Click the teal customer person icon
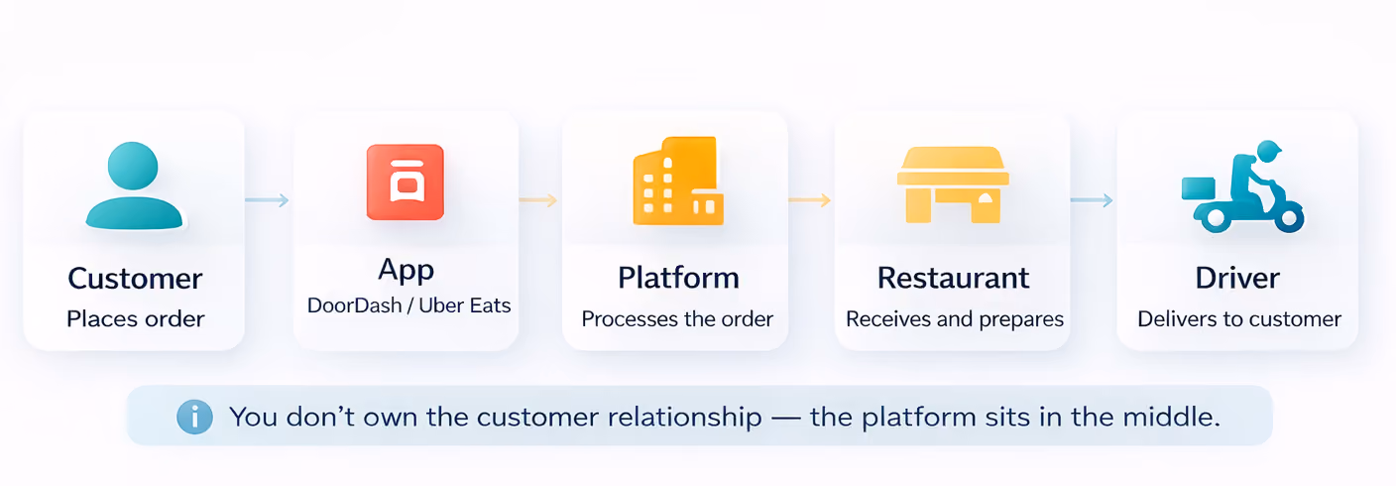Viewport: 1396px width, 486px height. pos(134,185)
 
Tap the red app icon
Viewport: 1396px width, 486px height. pos(406,182)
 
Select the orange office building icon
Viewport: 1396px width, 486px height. pos(678,181)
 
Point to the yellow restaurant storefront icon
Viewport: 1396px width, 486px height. pos(953,185)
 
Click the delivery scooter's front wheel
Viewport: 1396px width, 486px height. pos(1288,218)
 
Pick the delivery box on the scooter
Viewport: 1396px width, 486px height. pos(1199,188)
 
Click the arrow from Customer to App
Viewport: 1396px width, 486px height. pos(267,200)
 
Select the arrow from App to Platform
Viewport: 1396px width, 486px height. pos(537,200)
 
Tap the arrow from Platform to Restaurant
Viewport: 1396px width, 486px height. pos(810,200)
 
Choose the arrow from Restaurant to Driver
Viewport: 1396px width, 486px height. pos(1092,200)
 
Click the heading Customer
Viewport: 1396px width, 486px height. pos(135,279)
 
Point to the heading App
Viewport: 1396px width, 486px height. pos(406,271)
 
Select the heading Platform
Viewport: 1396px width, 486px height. pos(679,278)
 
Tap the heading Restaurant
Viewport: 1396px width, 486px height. pos(954,278)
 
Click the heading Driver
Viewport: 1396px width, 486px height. pos(1237,278)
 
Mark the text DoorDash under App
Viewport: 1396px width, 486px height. pos(355,305)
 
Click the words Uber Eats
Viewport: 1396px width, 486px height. pos(465,305)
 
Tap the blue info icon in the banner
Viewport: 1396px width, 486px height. pos(194,417)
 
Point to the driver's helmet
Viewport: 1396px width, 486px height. pos(1269,151)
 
